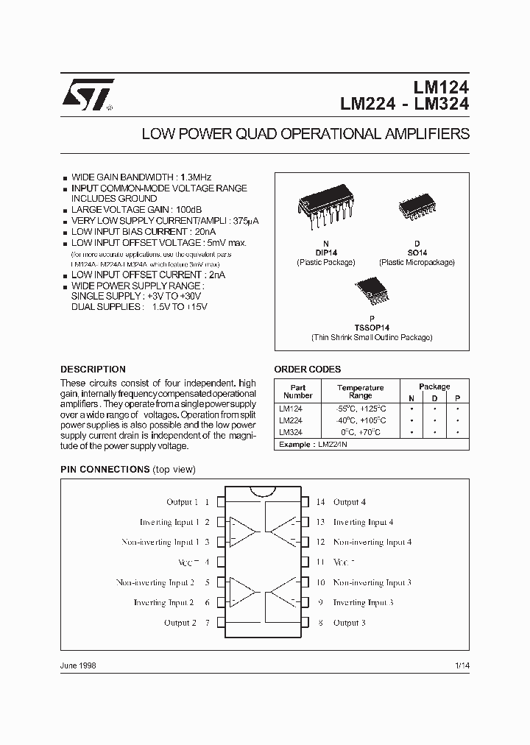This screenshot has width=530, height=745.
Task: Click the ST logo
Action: tap(85, 95)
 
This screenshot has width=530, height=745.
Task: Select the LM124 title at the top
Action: tap(440, 88)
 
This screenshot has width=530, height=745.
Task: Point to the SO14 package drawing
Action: tap(416, 206)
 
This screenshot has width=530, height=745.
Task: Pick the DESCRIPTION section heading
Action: tap(93, 370)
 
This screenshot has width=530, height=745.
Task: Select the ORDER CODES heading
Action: tap(307, 370)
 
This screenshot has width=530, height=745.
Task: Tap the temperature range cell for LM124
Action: tap(360, 408)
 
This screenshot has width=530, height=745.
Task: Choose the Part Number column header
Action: tap(297, 391)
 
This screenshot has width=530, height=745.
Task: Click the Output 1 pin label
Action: tap(183, 502)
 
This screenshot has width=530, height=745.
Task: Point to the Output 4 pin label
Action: tap(350, 502)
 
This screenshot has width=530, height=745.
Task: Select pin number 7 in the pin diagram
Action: tap(208, 623)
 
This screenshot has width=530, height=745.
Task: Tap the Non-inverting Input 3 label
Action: tap(372, 582)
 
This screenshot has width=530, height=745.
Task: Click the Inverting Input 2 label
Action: tap(163, 603)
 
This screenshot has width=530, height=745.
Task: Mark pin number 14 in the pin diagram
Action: tap(321, 502)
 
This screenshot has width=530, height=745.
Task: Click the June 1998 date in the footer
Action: tap(78, 665)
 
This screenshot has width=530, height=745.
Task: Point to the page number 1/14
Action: tap(461, 665)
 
